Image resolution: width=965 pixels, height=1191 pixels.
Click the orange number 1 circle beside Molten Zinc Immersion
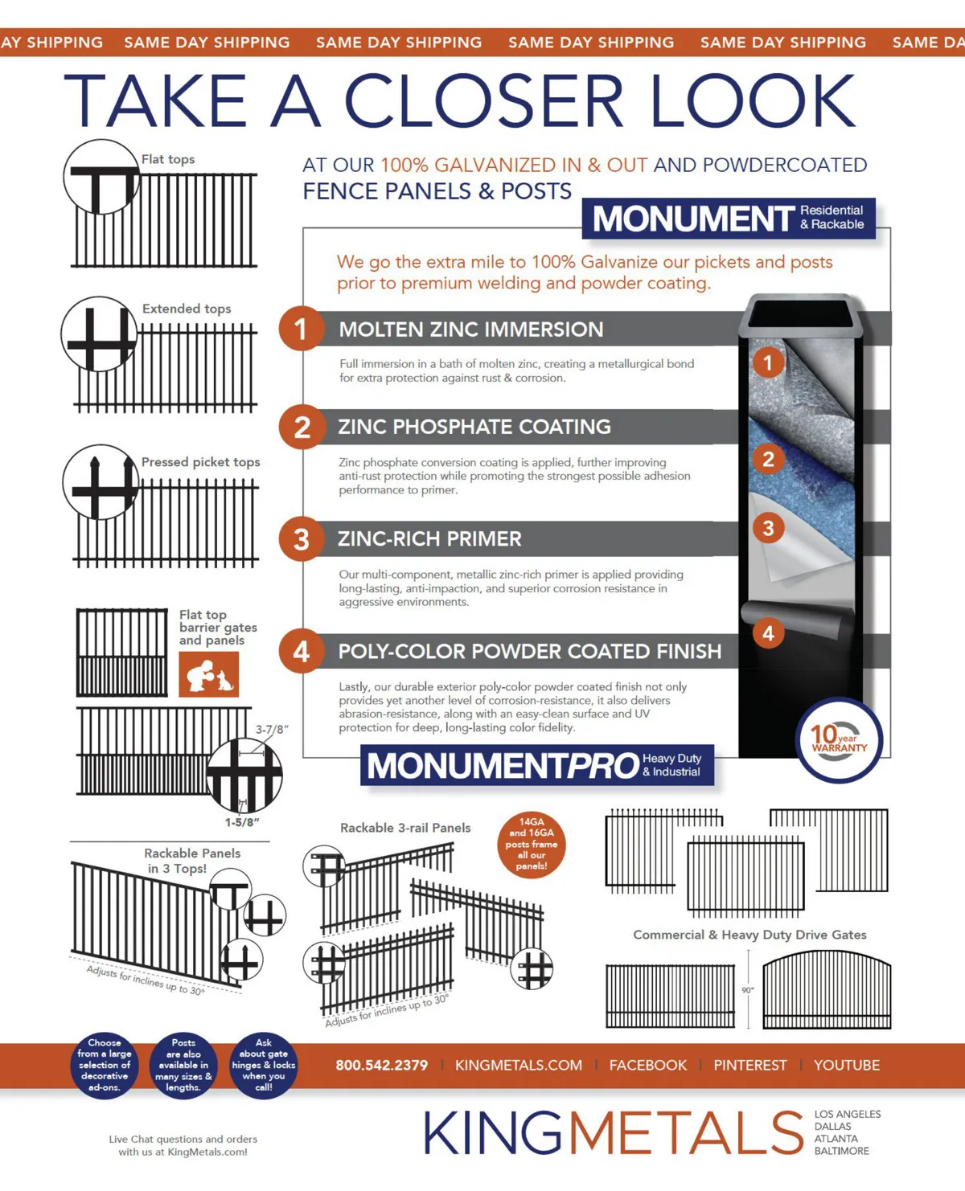click(301, 328)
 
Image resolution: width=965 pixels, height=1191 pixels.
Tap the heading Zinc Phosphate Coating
click(474, 427)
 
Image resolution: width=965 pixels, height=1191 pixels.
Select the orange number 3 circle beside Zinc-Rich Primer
click(301, 539)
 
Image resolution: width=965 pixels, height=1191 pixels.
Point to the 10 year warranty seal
click(839, 740)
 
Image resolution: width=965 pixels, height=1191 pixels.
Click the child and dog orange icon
click(208, 674)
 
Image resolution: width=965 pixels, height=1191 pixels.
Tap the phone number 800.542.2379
click(381, 1065)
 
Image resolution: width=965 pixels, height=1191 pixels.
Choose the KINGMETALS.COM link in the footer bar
click(519, 1065)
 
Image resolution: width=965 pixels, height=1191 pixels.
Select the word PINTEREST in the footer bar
click(750, 1065)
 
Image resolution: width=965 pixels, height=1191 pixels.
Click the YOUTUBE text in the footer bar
click(847, 1065)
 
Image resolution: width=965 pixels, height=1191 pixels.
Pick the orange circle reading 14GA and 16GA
click(531, 845)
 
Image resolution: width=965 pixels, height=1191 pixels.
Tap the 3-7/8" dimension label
click(272, 729)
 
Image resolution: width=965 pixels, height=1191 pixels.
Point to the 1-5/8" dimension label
click(242, 822)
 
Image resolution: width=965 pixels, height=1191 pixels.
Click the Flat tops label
click(168, 159)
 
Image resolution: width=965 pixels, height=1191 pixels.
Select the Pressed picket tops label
click(200, 462)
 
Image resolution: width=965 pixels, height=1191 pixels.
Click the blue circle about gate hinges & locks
click(264, 1065)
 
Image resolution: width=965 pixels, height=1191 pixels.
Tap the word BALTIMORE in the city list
click(841, 1151)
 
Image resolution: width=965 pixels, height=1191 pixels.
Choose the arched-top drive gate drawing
click(827, 990)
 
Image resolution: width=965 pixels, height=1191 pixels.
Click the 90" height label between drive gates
click(748, 990)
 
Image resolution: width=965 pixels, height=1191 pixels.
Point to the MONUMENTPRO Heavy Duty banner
click(537, 765)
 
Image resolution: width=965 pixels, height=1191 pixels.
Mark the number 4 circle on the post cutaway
click(768, 633)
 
